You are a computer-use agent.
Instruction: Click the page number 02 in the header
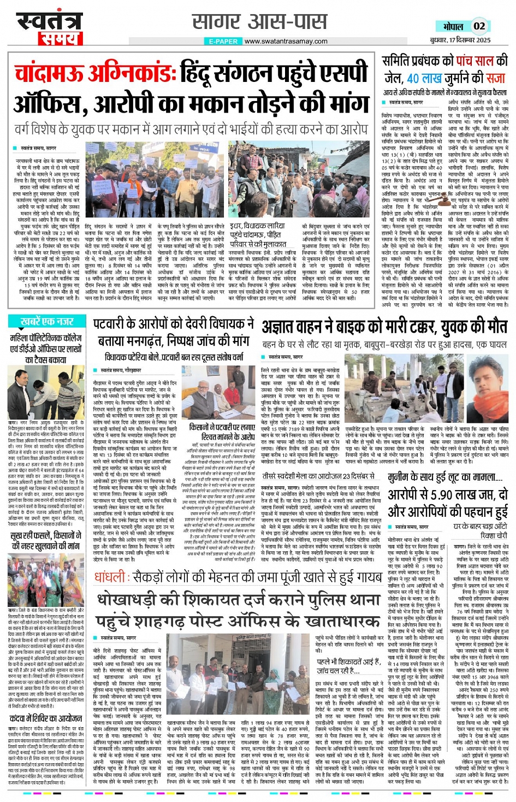pos(479,26)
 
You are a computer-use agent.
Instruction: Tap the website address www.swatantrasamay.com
pos(286,41)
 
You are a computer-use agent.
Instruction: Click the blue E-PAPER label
pos(223,42)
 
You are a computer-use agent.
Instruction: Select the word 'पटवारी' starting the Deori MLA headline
pos(114,325)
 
